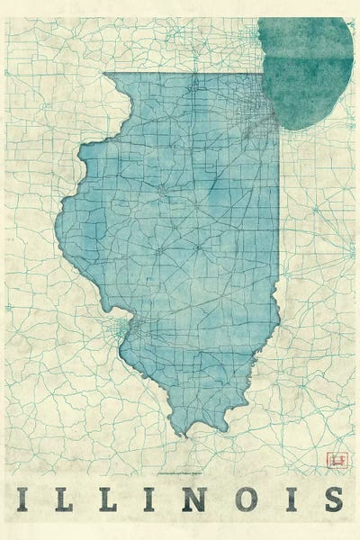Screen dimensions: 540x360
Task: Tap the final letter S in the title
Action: coord(332,498)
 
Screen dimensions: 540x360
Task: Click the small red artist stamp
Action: coord(339,460)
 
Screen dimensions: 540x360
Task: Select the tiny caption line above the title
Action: coord(180,471)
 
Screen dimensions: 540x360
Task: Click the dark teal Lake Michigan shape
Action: coord(306,67)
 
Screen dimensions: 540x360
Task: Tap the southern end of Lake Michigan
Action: coord(297,126)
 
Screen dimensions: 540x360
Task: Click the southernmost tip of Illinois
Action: coord(184,433)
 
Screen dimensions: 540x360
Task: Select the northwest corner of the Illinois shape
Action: coord(104,74)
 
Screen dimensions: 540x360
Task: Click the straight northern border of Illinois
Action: coord(180,74)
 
